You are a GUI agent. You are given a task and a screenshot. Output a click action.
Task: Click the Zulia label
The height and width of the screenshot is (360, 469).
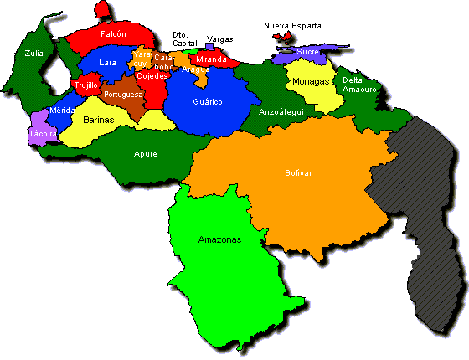pyautogui.click(x=33, y=53)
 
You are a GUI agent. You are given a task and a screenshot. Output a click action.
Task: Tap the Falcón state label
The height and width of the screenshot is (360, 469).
pyautogui.click(x=113, y=34)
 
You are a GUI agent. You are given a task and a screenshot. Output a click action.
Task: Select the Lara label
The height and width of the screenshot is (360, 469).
pyautogui.click(x=107, y=62)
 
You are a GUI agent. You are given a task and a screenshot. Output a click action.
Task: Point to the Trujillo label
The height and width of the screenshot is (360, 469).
pyautogui.click(x=86, y=85)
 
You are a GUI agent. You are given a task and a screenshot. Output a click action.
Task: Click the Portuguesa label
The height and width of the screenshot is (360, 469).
pyautogui.click(x=123, y=95)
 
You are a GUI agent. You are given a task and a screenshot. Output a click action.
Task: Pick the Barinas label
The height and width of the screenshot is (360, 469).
pyautogui.click(x=98, y=120)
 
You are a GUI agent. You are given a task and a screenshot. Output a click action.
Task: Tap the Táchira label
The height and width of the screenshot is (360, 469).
pyautogui.click(x=42, y=133)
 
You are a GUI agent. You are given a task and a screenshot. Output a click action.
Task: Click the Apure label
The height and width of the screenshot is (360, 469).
pyautogui.click(x=145, y=153)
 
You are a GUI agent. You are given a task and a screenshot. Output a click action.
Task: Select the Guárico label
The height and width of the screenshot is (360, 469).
pyautogui.click(x=207, y=101)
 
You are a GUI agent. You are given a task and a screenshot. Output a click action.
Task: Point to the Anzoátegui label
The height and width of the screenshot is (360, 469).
pyautogui.click(x=281, y=111)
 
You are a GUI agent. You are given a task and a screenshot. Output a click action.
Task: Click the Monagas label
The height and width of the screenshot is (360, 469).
pyautogui.click(x=312, y=82)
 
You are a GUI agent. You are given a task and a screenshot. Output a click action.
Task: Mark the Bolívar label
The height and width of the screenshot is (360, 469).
pyautogui.click(x=297, y=172)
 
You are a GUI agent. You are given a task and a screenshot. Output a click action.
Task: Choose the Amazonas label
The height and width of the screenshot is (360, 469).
pyautogui.click(x=219, y=239)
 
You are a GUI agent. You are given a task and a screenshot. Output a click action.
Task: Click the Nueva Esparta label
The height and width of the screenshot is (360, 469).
pyautogui.click(x=292, y=26)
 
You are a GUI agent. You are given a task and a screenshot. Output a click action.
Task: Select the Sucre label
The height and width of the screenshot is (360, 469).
pyautogui.click(x=308, y=52)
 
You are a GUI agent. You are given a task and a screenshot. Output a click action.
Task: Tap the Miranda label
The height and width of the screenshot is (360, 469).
pyautogui.click(x=209, y=59)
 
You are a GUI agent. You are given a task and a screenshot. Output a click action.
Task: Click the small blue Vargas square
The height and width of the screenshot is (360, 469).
pyautogui.click(x=209, y=47)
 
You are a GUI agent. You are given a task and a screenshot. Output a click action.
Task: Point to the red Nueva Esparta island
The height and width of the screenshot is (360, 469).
pyautogui.click(x=288, y=38)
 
